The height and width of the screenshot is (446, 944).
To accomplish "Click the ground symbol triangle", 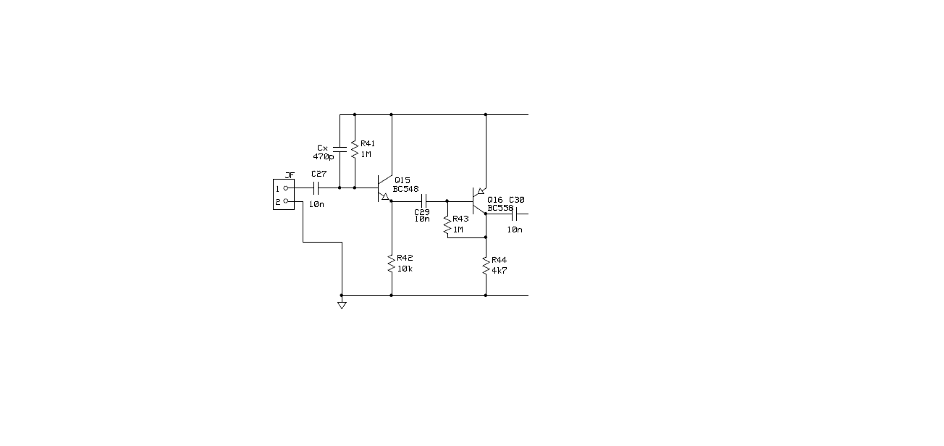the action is [x=342, y=306].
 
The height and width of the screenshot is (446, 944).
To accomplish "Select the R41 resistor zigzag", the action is [x=355, y=150].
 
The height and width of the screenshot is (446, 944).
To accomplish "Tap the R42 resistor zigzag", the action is [x=392, y=264].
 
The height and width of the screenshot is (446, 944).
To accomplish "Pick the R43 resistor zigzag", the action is [x=447, y=225].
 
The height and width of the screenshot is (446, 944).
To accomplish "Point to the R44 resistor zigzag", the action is [x=486, y=266].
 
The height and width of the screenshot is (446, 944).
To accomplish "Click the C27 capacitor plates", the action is [x=316, y=188].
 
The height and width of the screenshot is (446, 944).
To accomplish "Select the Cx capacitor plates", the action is [x=340, y=149].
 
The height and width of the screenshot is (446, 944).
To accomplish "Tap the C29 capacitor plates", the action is [x=424, y=201].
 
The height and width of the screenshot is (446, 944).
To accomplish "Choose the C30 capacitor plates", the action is [x=514, y=214].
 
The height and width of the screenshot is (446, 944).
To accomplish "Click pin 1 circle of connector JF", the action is [x=286, y=188].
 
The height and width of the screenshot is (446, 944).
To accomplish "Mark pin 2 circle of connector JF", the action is [x=286, y=201].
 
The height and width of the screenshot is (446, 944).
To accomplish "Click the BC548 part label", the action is [x=406, y=189].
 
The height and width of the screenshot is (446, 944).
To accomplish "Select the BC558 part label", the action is [x=501, y=208].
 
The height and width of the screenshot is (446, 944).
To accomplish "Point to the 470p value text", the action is [x=324, y=157].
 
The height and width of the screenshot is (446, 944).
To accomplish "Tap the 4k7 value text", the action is [x=500, y=271].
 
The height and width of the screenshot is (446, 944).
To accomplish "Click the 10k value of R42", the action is [x=405, y=269].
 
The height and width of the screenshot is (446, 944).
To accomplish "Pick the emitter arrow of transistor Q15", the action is [x=384, y=196].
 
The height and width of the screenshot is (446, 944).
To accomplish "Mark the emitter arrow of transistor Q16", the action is [x=481, y=191].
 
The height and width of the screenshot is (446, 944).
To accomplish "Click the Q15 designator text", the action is [x=403, y=180].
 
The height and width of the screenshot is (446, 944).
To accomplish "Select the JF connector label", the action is [x=290, y=175].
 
